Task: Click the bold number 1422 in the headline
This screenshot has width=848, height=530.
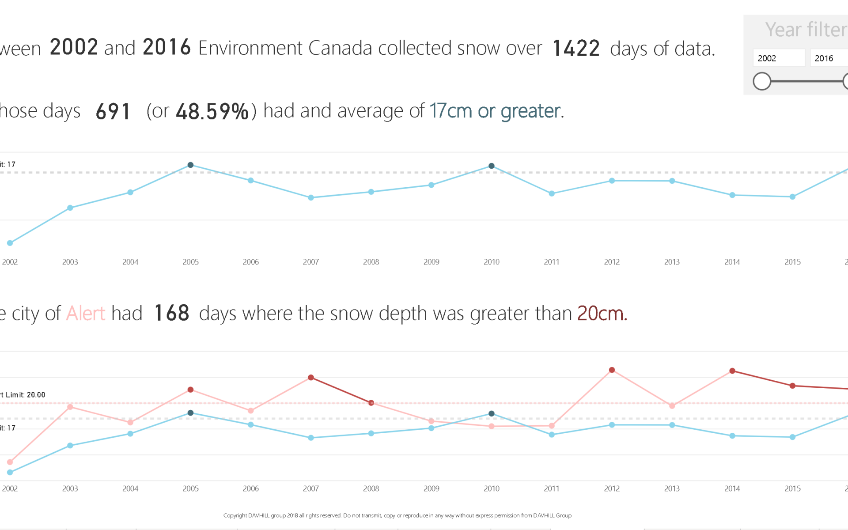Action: (x=576, y=49)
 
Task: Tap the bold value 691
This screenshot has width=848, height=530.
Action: (x=113, y=111)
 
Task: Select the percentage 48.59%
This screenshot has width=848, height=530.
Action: (x=212, y=111)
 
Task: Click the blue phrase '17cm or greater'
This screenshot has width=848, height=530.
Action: (x=495, y=111)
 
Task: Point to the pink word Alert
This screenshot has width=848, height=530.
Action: (x=86, y=314)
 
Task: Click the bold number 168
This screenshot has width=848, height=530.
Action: (x=172, y=314)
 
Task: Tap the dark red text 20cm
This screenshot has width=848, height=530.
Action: (x=602, y=314)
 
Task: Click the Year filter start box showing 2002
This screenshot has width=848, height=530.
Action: (x=778, y=58)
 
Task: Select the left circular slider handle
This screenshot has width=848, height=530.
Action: (x=762, y=81)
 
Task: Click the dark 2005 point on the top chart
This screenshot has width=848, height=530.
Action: (x=190, y=165)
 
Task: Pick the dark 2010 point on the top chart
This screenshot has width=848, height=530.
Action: (x=492, y=166)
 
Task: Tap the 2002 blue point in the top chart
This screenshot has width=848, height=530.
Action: (x=10, y=243)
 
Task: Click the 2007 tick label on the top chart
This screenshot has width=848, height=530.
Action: (x=311, y=262)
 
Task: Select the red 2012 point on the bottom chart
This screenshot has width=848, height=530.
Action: (x=612, y=370)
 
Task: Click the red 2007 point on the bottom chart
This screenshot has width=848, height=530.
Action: (x=311, y=378)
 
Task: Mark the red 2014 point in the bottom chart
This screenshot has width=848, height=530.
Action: (x=732, y=371)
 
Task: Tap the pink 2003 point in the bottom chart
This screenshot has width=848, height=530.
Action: (x=70, y=407)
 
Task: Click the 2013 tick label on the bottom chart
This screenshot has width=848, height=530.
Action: (x=672, y=488)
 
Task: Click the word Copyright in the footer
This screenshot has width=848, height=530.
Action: (x=235, y=515)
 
